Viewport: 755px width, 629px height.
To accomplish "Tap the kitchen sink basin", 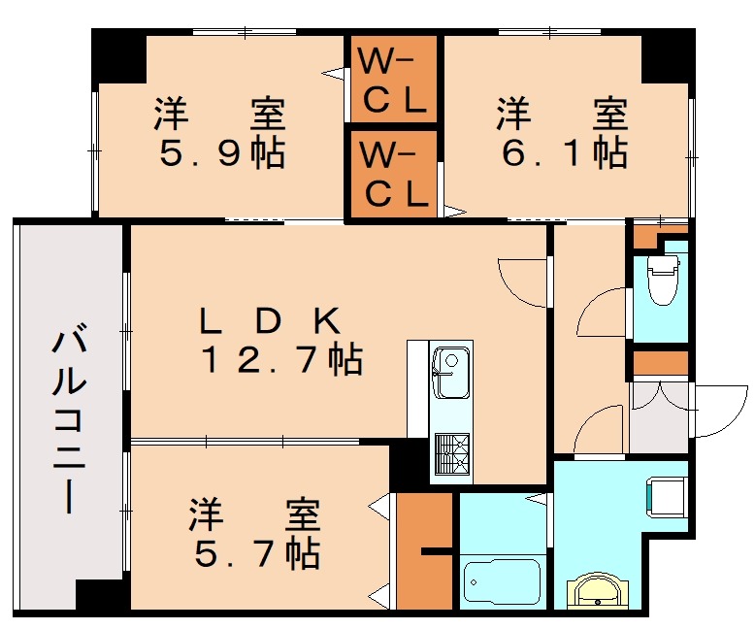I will pos(448,374).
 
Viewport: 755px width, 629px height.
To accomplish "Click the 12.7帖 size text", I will pos(281,361).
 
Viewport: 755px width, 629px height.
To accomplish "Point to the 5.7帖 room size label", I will pos(255,554).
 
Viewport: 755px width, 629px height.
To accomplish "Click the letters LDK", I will pos(269,319).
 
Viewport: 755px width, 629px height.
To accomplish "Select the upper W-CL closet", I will pos(393,83).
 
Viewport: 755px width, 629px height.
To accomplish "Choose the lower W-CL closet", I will pos(393,175).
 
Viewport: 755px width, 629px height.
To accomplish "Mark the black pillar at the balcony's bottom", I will pos(102,596).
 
